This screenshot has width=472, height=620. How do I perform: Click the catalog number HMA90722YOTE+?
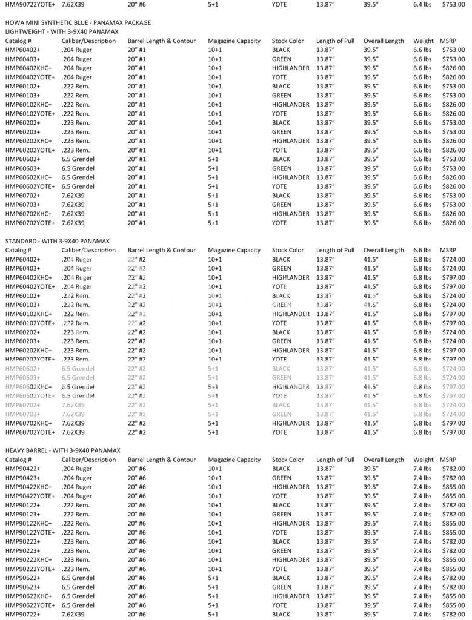pos(30,4)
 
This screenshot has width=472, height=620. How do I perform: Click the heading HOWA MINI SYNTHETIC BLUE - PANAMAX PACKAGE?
pos(78,22)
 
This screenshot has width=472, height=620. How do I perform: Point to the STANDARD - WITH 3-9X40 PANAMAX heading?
pos(59,241)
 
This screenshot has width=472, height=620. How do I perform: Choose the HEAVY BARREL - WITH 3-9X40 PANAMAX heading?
pos(63,450)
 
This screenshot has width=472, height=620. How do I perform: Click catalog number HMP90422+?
pos(23,469)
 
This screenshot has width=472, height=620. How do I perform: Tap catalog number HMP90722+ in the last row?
pos(23,614)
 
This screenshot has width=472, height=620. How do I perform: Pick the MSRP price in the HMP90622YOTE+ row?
pos(453,605)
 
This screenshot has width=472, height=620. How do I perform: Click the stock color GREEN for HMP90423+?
pos(282,478)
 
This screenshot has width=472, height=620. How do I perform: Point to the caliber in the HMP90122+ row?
pos(76,505)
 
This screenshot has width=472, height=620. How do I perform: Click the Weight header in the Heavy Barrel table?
pos(424,460)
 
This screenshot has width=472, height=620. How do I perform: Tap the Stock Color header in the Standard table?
pos(288,250)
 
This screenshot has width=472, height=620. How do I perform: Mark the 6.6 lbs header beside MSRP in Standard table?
pos(422,250)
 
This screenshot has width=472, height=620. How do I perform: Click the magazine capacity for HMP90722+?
pos(213,614)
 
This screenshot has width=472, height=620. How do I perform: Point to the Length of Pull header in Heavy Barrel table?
pos(335,460)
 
